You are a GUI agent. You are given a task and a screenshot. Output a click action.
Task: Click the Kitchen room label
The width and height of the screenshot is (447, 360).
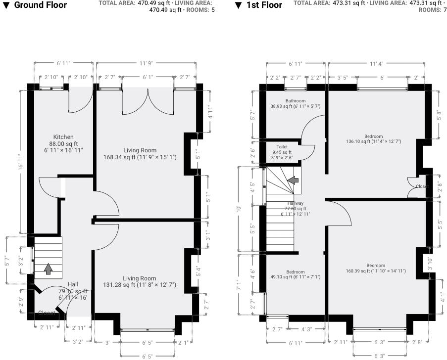63,137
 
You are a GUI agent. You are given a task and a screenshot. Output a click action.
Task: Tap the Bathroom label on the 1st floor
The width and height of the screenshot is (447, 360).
296,101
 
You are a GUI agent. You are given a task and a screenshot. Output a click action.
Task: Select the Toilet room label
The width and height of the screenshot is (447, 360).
282,147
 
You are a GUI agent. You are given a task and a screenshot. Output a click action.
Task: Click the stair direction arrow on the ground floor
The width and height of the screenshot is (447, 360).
48,269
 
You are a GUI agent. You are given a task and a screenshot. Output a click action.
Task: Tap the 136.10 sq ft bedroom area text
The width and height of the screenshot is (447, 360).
373,141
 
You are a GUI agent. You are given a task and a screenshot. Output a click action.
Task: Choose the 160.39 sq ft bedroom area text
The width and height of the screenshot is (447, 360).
375,271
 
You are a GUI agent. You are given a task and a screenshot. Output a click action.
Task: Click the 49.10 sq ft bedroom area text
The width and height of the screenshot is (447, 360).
295,277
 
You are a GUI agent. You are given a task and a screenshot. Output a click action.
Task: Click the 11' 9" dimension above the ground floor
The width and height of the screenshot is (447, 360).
146,63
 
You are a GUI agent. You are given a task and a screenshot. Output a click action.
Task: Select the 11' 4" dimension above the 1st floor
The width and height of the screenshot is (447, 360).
376,63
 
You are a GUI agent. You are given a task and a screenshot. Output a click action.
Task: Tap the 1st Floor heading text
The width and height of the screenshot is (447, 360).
264,5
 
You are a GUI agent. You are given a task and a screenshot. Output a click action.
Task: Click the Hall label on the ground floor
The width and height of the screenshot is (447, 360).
73,284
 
